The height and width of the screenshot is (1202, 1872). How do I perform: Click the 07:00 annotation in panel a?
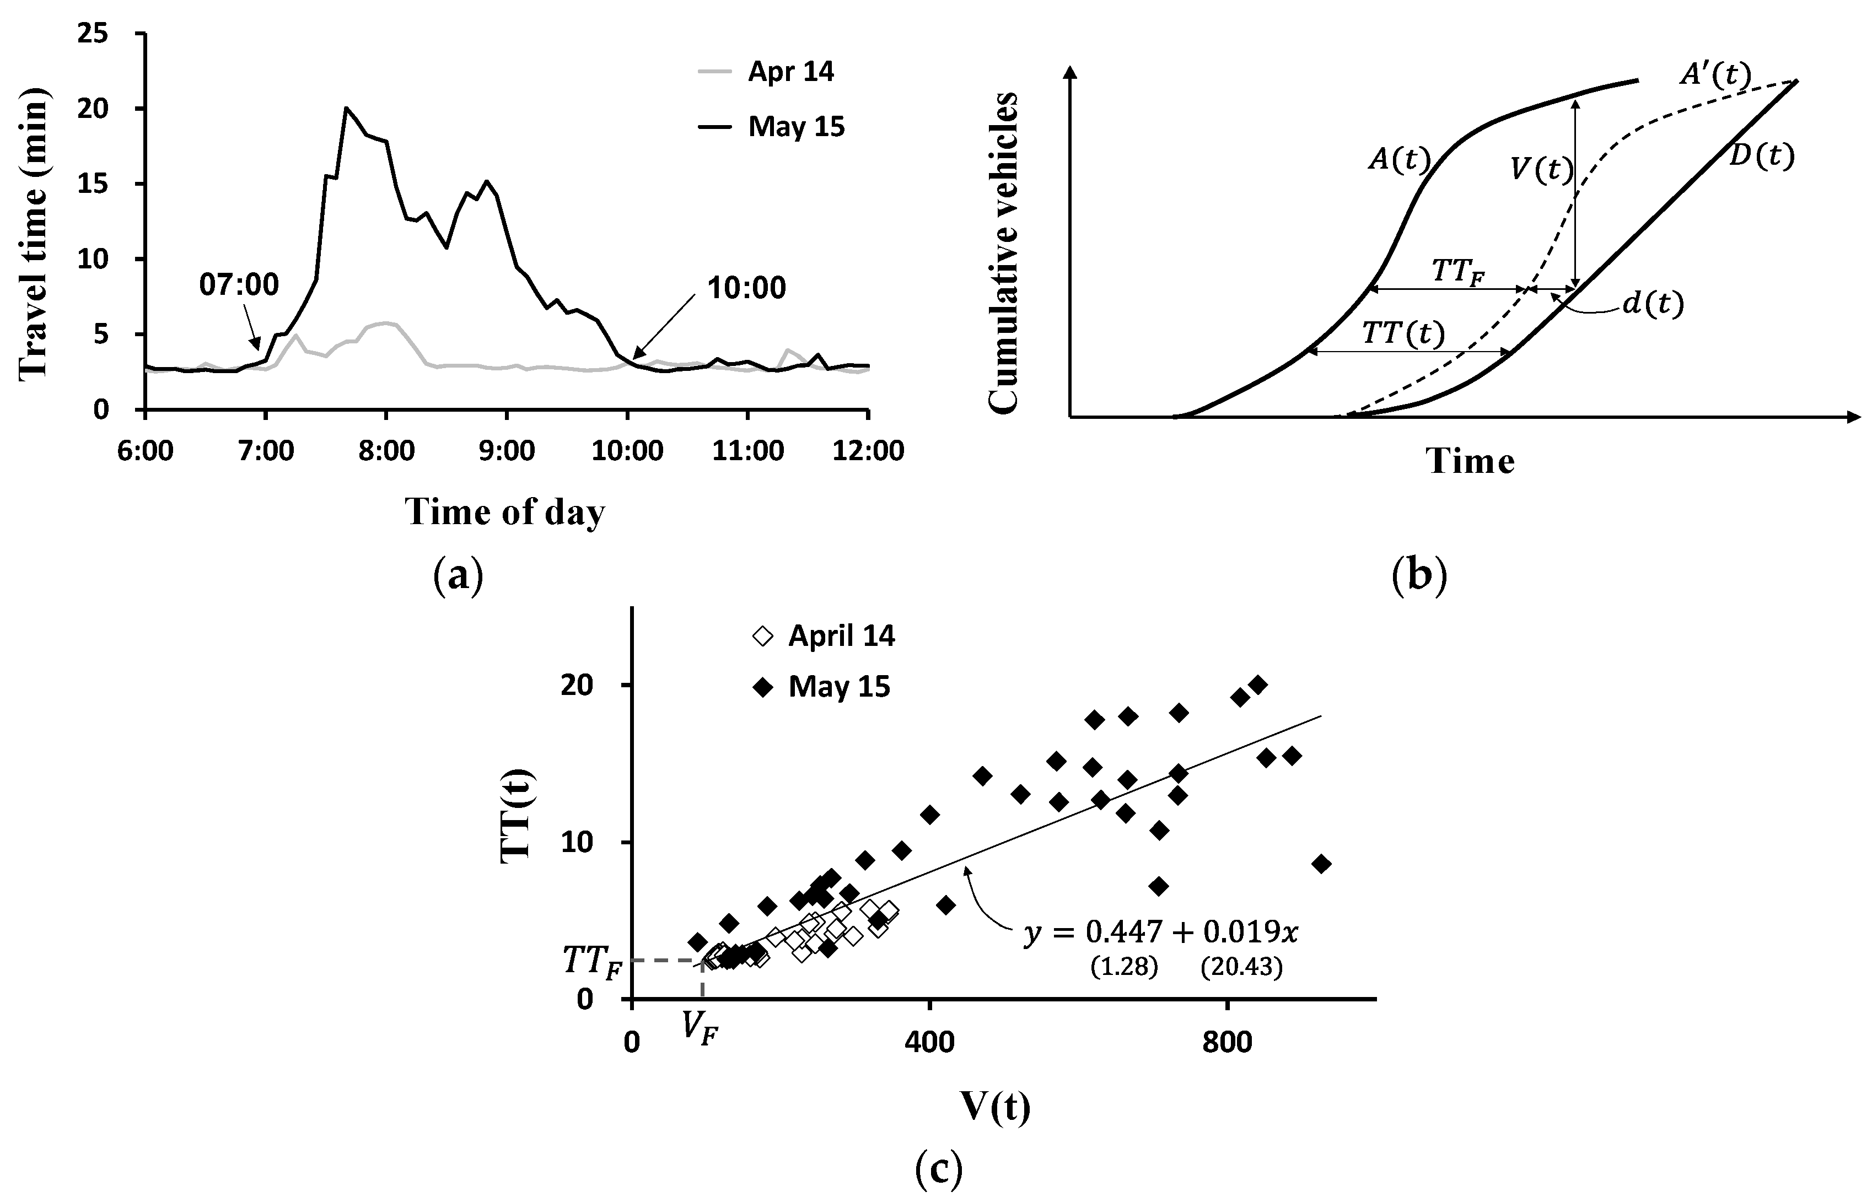tap(239, 285)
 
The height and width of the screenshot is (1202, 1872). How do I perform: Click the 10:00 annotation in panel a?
tap(746, 289)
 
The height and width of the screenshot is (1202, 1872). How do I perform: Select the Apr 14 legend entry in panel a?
tap(790, 72)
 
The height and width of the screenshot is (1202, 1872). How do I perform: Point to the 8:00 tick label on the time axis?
tap(386, 451)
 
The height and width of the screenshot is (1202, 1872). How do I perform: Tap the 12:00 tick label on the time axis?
tap(868, 451)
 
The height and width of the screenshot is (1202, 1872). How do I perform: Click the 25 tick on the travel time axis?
tap(93, 34)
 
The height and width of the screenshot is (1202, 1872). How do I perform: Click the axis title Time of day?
tap(504, 513)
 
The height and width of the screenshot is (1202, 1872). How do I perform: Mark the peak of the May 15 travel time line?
tap(346, 109)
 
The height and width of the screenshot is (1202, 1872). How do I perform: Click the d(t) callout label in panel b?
tap(1653, 304)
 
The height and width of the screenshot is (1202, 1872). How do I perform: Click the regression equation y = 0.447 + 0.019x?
tap(1161, 932)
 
